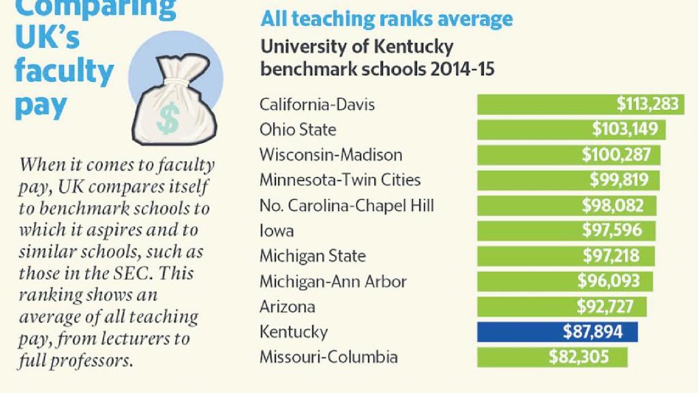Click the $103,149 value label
tap(625, 129)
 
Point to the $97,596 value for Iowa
tap(616, 231)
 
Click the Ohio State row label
tap(298, 130)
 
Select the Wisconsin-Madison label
tap(331, 155)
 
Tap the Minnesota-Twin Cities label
tap(340, 180)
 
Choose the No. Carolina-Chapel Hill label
tap(347, 205)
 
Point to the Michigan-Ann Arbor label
tap(333, 281)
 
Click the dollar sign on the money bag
tap(167, 118)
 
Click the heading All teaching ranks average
tap(386, 19)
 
